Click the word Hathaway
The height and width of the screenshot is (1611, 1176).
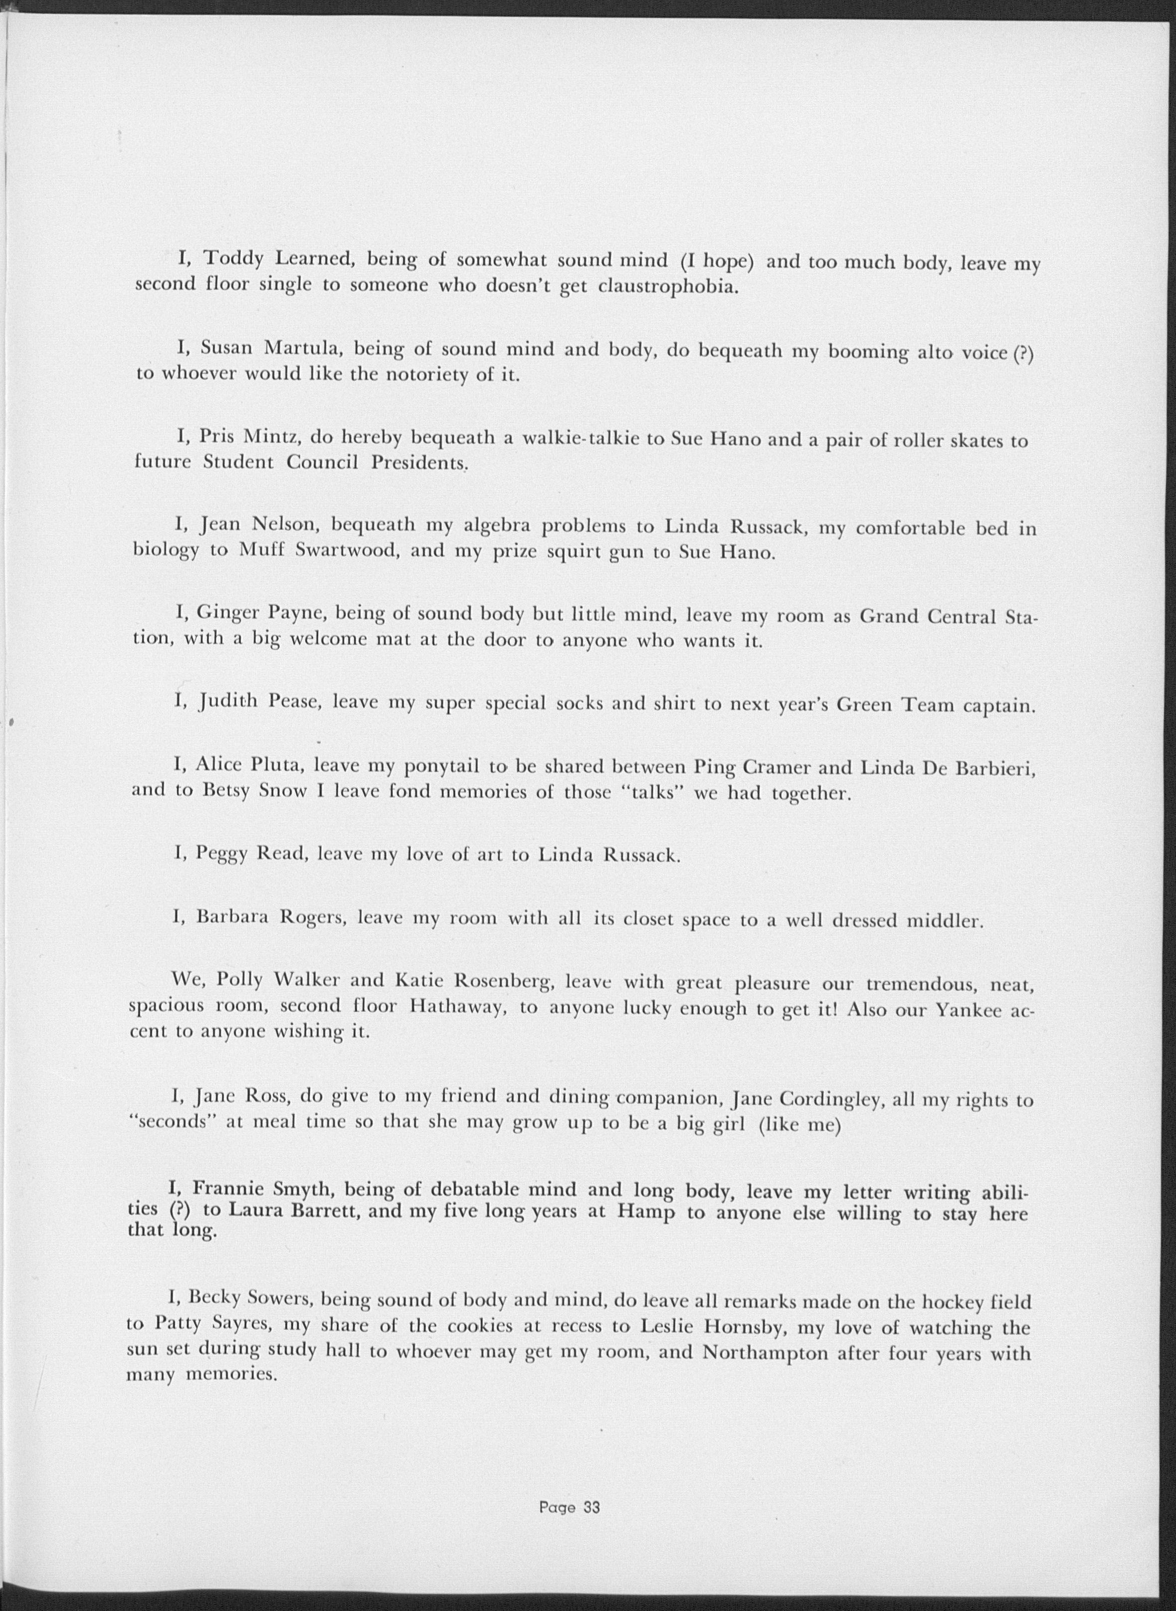click(457, 1008)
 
